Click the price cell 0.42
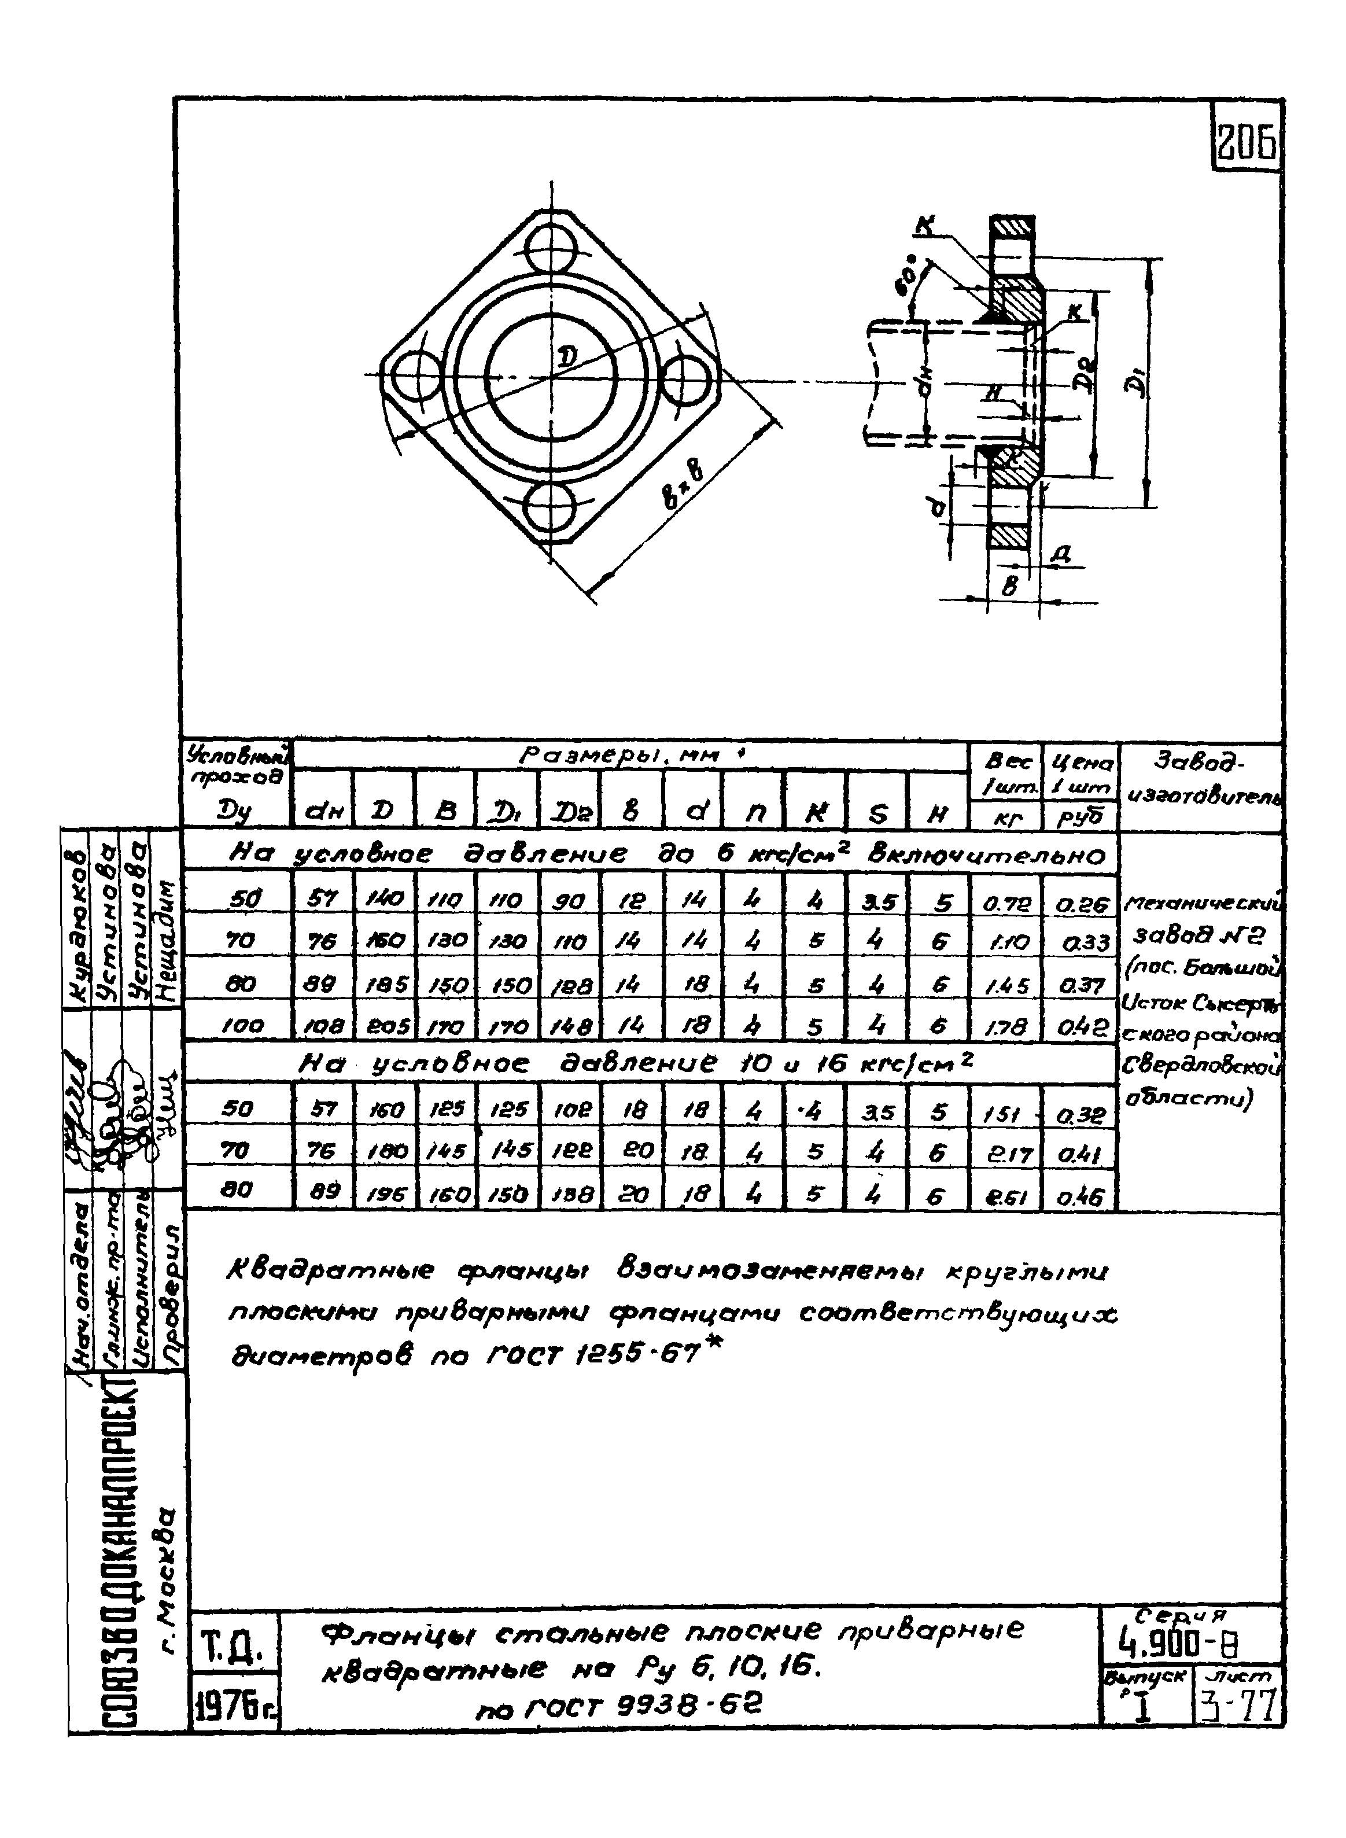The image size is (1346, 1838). (x=1081, y=1027)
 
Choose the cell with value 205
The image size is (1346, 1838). (x=385, y=1027)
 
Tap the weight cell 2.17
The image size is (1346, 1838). (x=1006, y=1154)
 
